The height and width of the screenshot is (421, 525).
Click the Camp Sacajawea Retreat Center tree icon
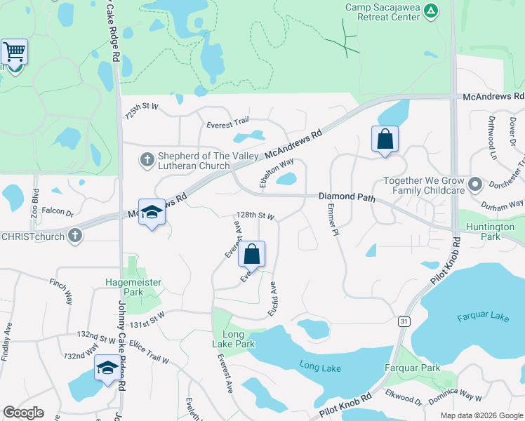click(432, 11)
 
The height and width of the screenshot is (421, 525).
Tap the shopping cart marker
click(14, 52)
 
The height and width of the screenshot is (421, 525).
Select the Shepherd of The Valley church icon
click(147, 160)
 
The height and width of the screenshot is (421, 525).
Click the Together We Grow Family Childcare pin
click(475, 185)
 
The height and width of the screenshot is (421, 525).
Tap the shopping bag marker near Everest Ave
click(252, 254)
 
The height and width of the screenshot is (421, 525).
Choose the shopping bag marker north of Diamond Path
click(385, 139)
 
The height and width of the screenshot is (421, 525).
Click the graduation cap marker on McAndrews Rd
click(151, 213)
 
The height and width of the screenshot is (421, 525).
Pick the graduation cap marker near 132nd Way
click(107, 367)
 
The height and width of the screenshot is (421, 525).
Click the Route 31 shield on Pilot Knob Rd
click(404, 321)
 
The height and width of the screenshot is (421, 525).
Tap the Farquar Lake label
click(482, 317)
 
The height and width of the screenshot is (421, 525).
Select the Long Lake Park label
click(233, 339)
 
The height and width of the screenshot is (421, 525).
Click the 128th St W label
click(255, 217)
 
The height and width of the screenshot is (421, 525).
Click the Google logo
click(23, 413)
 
